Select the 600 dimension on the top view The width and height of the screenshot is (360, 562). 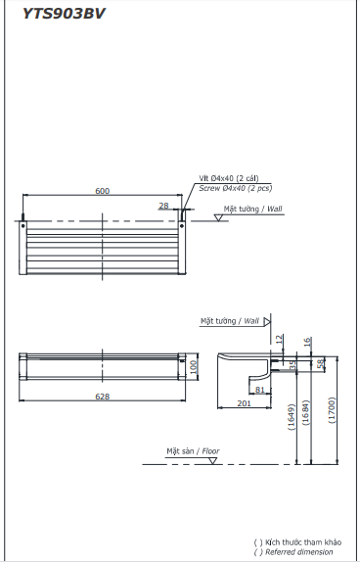[x=102, y=191]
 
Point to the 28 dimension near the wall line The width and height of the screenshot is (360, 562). [x=163, y=206]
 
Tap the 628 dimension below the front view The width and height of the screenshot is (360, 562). [x=102, y=397]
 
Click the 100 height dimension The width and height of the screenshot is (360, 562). [x=194, y=366]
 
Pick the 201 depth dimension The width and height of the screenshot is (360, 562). [x=244, y=401]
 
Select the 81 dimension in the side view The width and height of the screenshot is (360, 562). [x=259, y=390]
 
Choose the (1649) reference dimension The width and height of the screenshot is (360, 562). [x=292, y=418]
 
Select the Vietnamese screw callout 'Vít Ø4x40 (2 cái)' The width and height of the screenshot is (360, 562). [x=229, y=178]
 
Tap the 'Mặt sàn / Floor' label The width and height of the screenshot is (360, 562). [x=193, y=450]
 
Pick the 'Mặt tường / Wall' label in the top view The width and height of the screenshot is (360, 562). [x=252, y=209]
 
